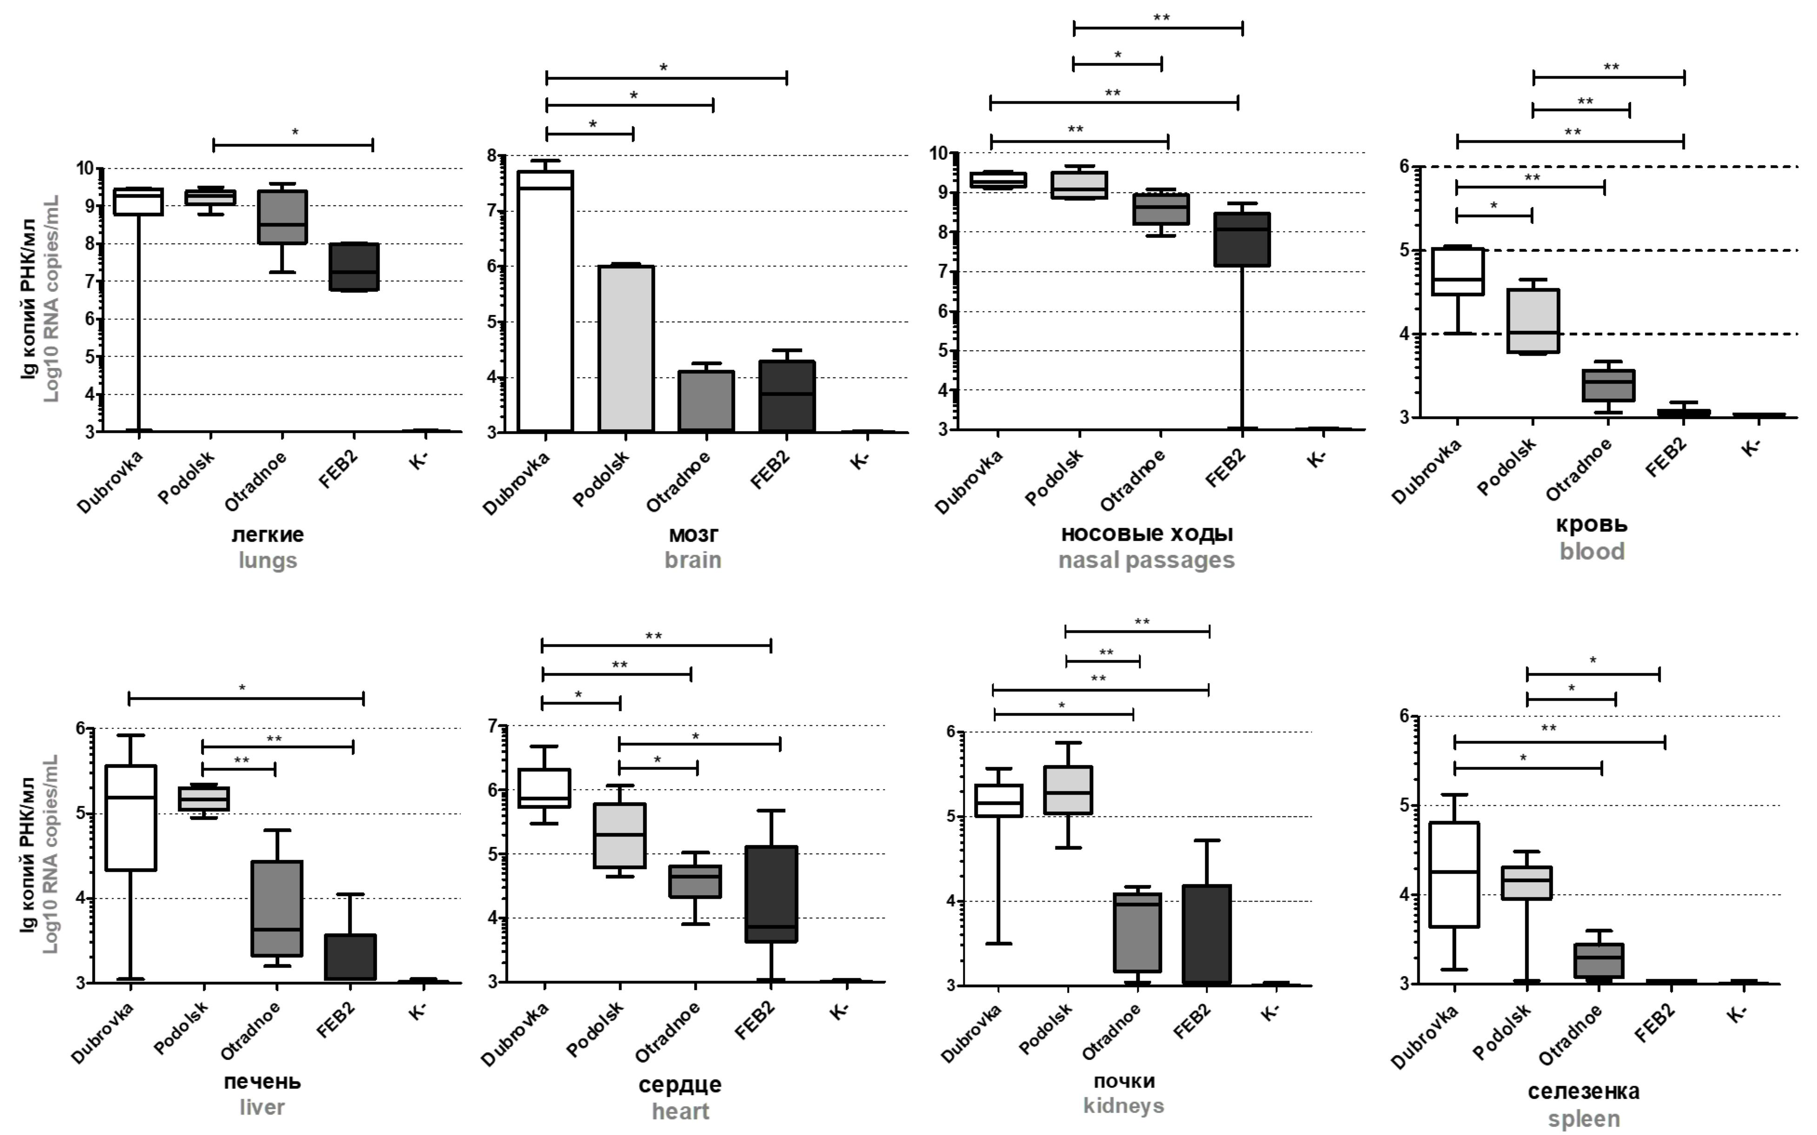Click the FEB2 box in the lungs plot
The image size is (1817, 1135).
[354, 266]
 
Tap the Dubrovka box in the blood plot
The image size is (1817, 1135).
[1457, 271]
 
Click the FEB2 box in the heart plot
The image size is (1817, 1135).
[771, 893]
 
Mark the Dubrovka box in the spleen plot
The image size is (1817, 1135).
[1454, 875]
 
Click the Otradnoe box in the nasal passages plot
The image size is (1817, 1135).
[1161, 209]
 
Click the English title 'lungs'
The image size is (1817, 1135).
[268, 561]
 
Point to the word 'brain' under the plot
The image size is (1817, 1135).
[692, 560]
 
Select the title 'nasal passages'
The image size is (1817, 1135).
[1146, 560]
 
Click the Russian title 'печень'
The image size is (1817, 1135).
[262, 1082]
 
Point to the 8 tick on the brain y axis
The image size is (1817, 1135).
[492, 156]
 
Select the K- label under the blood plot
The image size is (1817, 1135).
[1751, 448]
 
